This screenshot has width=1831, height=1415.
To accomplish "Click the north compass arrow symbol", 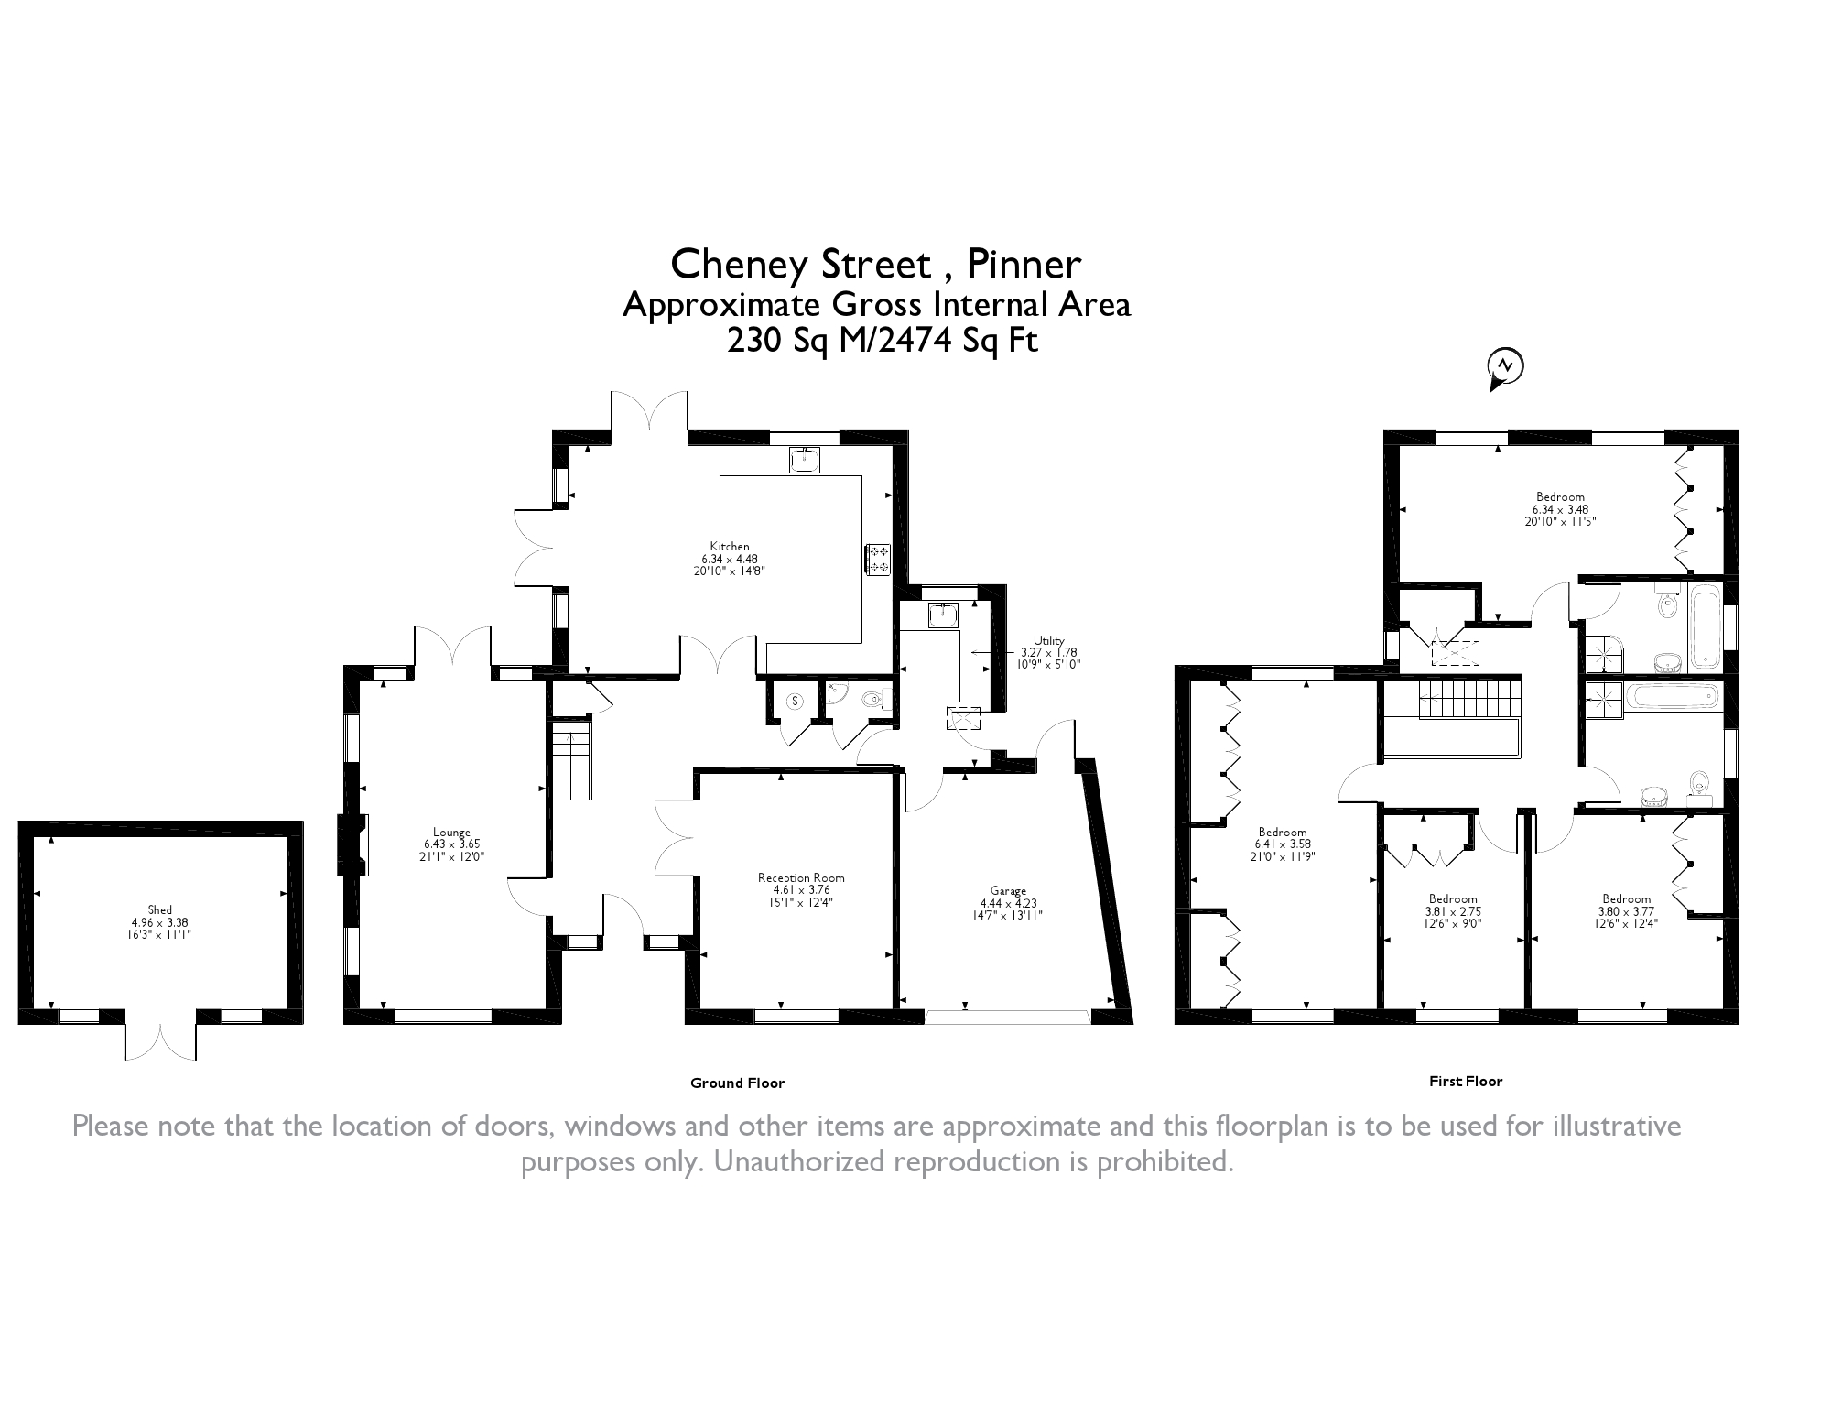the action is tap(1505, 369).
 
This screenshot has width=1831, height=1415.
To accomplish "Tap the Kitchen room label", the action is tap(730, 547).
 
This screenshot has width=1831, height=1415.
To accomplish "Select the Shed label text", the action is tap(160, 910).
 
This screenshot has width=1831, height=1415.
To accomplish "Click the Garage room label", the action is tap(1008, 890).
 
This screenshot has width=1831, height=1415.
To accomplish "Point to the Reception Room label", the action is tap(801, 877).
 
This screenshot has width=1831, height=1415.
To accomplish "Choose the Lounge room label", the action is tap(452, 833).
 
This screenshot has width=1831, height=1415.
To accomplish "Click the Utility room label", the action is tap(1049, 640).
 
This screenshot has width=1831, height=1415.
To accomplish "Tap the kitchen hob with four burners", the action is tap(878, 560).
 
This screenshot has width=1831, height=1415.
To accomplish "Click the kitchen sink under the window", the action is tap(805, 460).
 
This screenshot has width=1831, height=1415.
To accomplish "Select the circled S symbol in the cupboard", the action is tap(796, 702).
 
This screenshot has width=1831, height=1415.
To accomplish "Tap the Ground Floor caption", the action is tap(737, 1083).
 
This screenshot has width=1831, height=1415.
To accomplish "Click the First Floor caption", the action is tap(1466, 1081).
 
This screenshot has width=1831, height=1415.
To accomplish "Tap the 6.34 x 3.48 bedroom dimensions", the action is tap(1559, 509).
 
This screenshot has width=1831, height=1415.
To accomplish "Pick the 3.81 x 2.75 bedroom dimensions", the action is tap(1453, 911).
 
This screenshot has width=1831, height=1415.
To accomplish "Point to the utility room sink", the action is tap(942, 615).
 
